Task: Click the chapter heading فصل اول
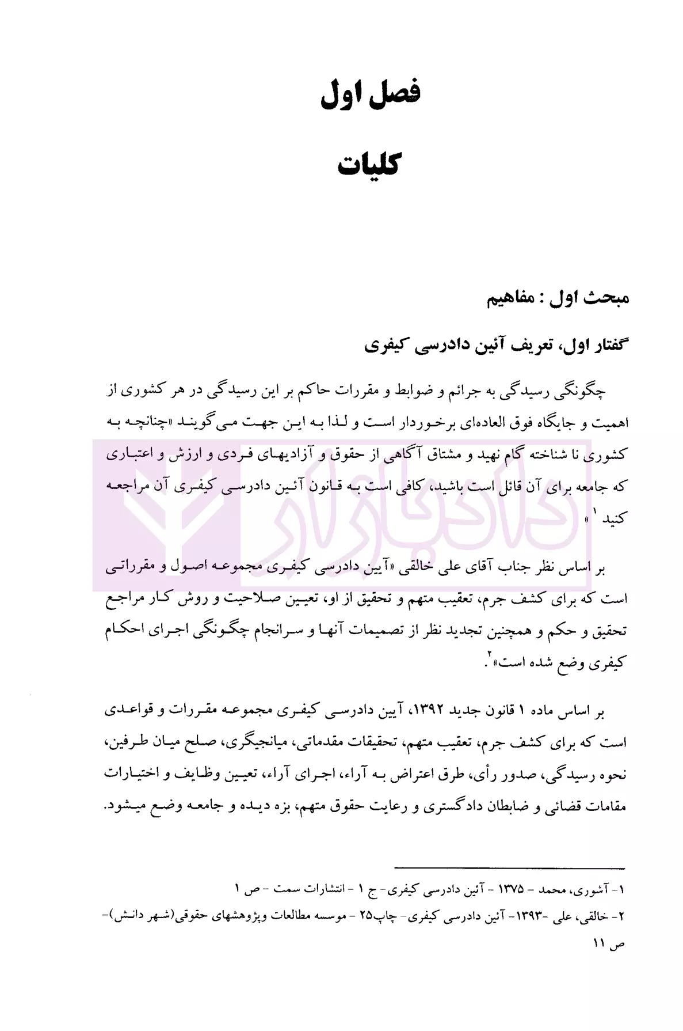coord(370,94)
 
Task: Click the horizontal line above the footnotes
coord(509,883)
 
